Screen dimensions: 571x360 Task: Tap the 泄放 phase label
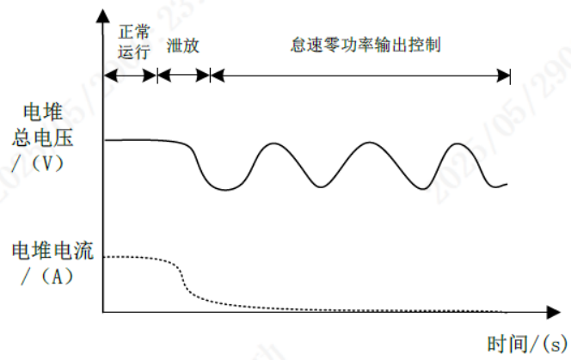pyautogui.click(x=184, y=44)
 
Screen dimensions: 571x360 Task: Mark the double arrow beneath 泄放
pyautogui.click(x=184, y=76)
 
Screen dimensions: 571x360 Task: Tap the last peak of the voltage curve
pyautogui.click(x=457, y=143)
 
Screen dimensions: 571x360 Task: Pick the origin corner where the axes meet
pyautogui.click(x=103, y=309)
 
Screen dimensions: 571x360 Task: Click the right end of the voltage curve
pyautogui.click(x=507, y=184)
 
